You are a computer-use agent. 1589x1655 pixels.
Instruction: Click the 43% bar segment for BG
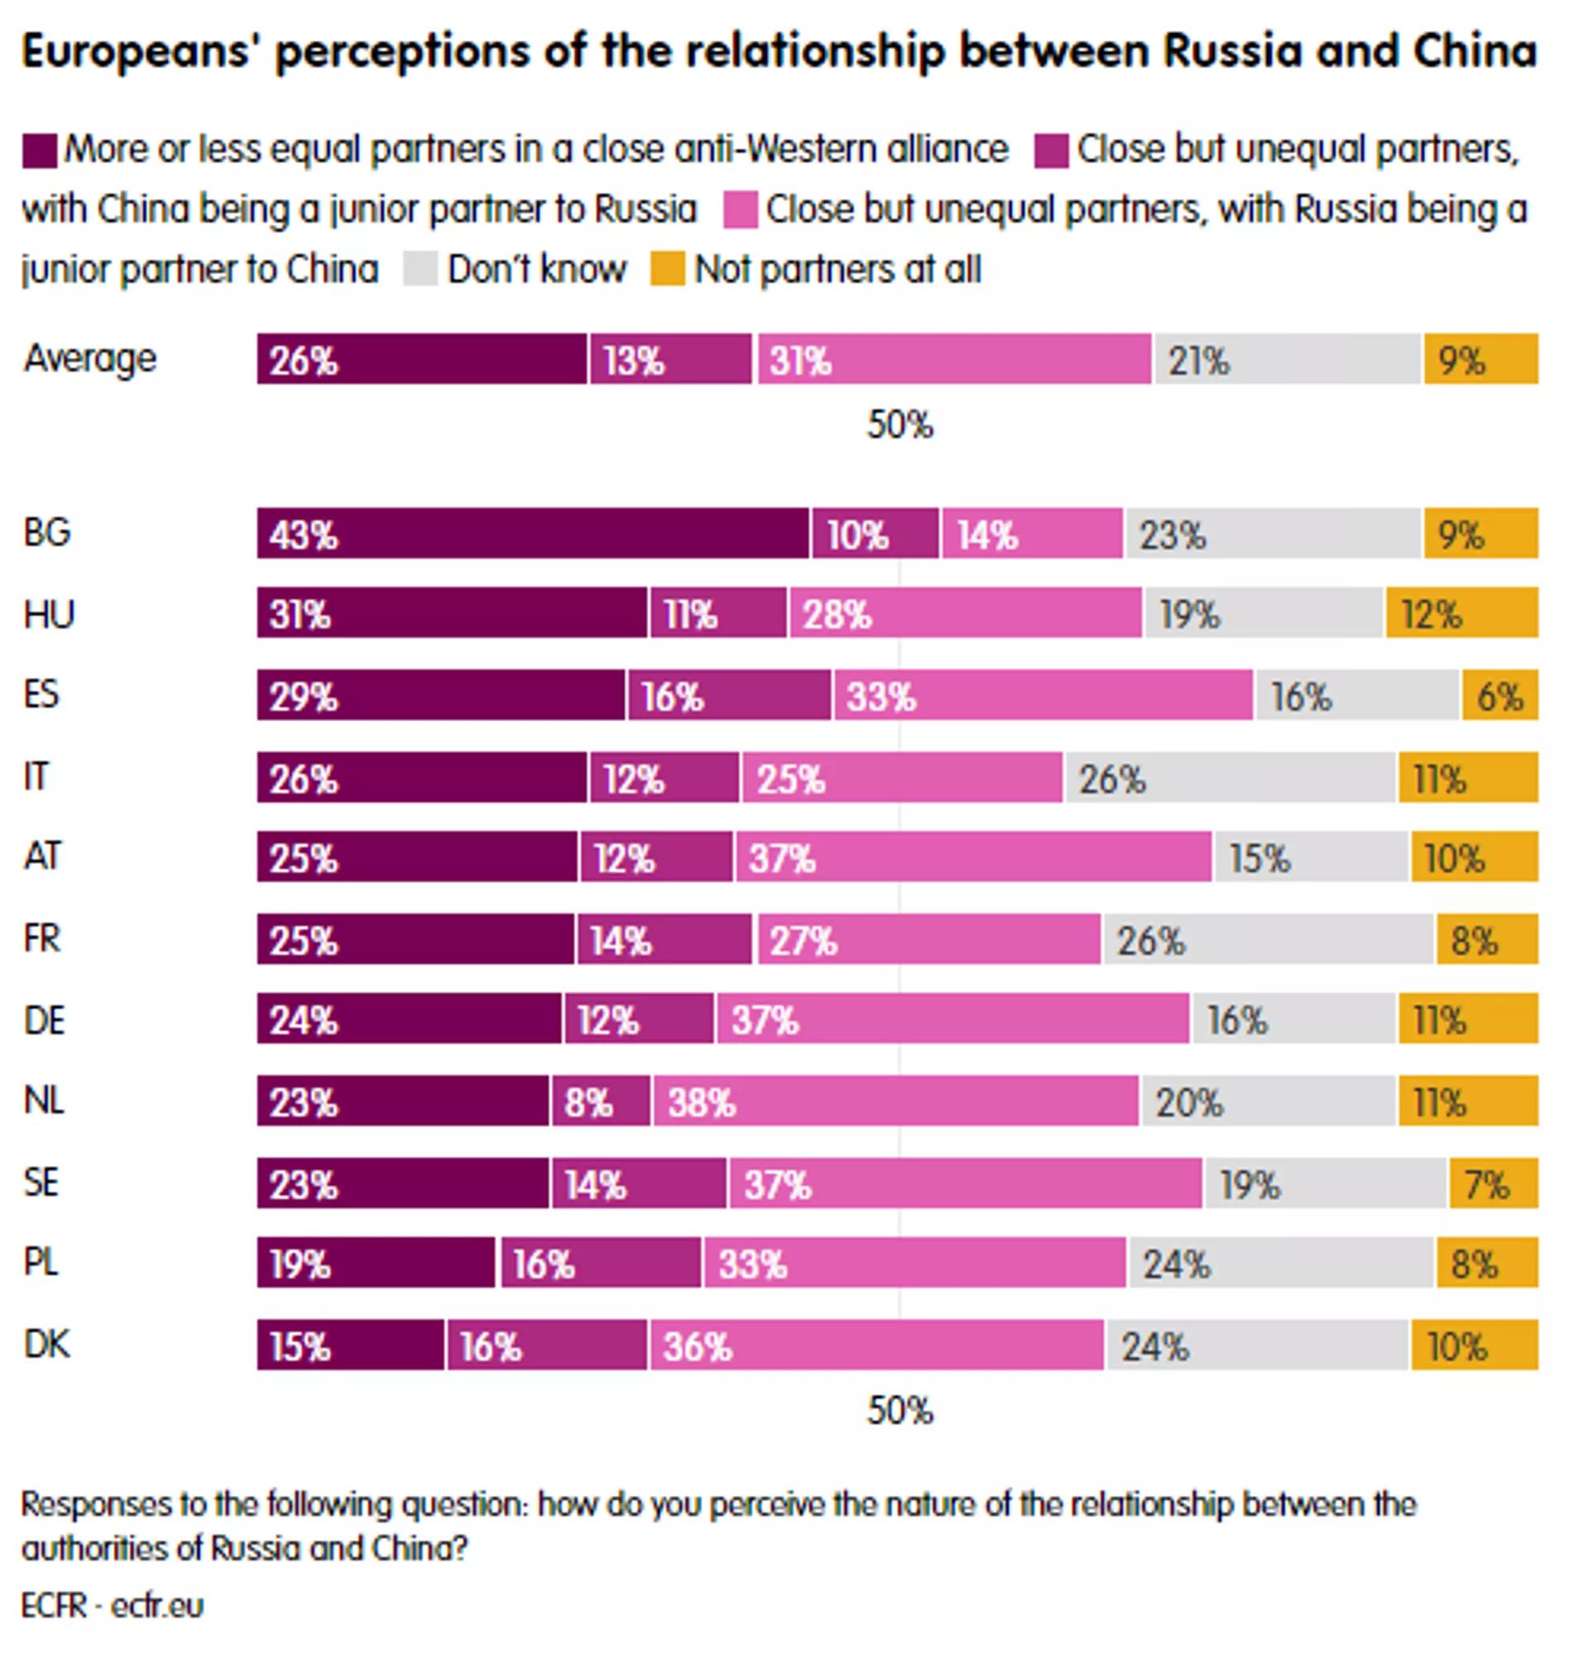[532, 534]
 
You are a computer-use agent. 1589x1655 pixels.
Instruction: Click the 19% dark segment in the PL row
[376, 1264]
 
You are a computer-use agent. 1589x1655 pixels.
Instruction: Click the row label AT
[43, 856]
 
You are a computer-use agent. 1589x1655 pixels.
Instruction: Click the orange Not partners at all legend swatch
[667, 271]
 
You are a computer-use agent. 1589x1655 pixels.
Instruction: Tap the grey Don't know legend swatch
[420, 271]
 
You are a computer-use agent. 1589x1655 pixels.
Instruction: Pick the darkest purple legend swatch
[39, 151]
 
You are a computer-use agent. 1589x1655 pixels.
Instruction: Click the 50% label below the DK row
[900, 1411]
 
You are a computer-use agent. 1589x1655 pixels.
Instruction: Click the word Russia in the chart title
[1232, 50]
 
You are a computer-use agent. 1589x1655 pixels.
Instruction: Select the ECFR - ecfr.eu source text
[113, 1605]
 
